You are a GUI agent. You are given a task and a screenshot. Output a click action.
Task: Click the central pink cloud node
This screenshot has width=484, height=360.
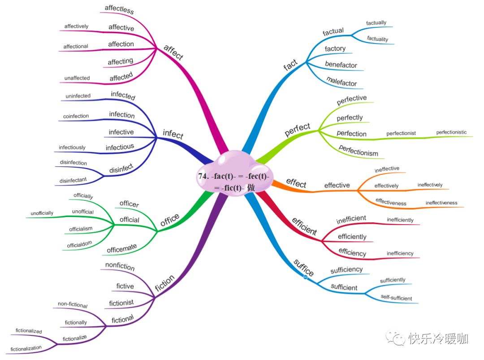click(233, 177)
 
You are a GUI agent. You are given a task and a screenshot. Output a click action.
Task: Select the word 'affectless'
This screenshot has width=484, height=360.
click(119, 9)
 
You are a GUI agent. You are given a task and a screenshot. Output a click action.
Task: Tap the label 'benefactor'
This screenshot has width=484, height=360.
click(341, 65)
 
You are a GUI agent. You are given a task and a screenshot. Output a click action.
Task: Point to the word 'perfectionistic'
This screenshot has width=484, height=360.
click(451, 132)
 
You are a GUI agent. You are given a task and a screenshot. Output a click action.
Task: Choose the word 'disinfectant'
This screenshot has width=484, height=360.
click(73, 180)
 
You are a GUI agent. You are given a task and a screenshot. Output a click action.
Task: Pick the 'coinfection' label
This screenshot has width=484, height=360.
click(76, 116)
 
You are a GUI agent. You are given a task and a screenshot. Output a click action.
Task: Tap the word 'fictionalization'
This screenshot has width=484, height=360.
click(26, 348)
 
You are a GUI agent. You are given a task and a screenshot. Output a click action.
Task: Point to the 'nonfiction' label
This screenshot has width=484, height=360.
click(120, 266)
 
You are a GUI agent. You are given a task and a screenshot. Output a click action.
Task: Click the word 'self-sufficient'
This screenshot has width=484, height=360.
click(396, 298)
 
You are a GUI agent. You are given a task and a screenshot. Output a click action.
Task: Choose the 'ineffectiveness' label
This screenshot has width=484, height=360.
click(441, 203)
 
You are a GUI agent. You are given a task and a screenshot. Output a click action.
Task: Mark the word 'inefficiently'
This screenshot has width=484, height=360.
click(400, 220)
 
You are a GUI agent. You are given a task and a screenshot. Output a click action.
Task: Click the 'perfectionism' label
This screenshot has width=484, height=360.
click(359, 150)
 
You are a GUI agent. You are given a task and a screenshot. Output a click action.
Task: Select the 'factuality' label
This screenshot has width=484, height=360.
click(377, 39)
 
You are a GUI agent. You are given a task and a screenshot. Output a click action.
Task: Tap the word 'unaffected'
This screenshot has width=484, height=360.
click(77, 78)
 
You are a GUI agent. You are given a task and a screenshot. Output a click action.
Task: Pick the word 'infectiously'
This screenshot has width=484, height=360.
click(72, 147)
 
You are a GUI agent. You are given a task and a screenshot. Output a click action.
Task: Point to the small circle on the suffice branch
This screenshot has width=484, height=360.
click(306, 278)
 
